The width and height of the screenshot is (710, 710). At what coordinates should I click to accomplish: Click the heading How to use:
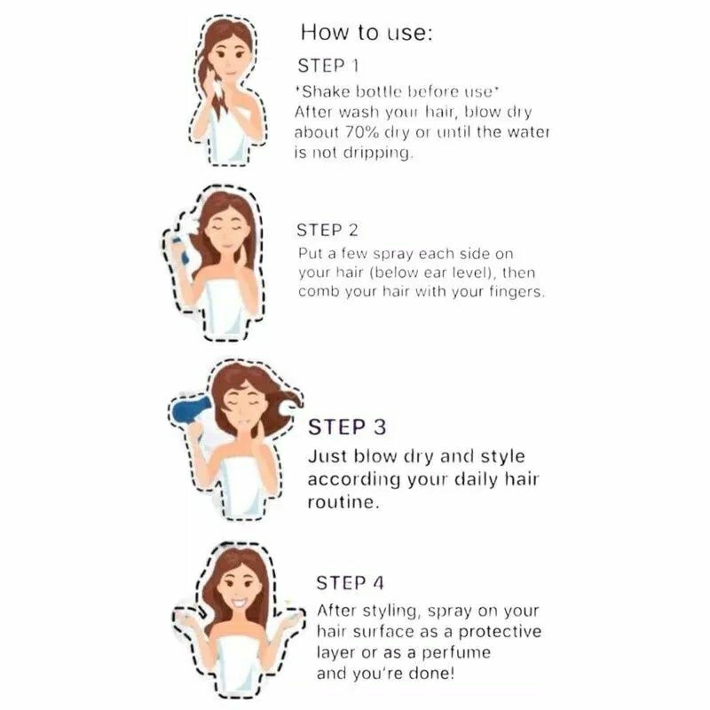[367, 33]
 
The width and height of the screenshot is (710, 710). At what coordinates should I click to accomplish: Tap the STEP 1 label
[328, 66]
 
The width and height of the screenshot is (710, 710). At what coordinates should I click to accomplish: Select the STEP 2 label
[327, 230]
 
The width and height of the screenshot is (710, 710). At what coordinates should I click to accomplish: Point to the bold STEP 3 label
[347, 427]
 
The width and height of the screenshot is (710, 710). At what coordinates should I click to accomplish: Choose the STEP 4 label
[350, 583]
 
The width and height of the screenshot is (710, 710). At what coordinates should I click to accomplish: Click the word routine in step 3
[342, 502]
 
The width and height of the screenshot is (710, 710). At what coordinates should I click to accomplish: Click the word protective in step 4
[500, 632]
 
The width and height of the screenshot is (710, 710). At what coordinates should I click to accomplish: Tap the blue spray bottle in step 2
[180, 250]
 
